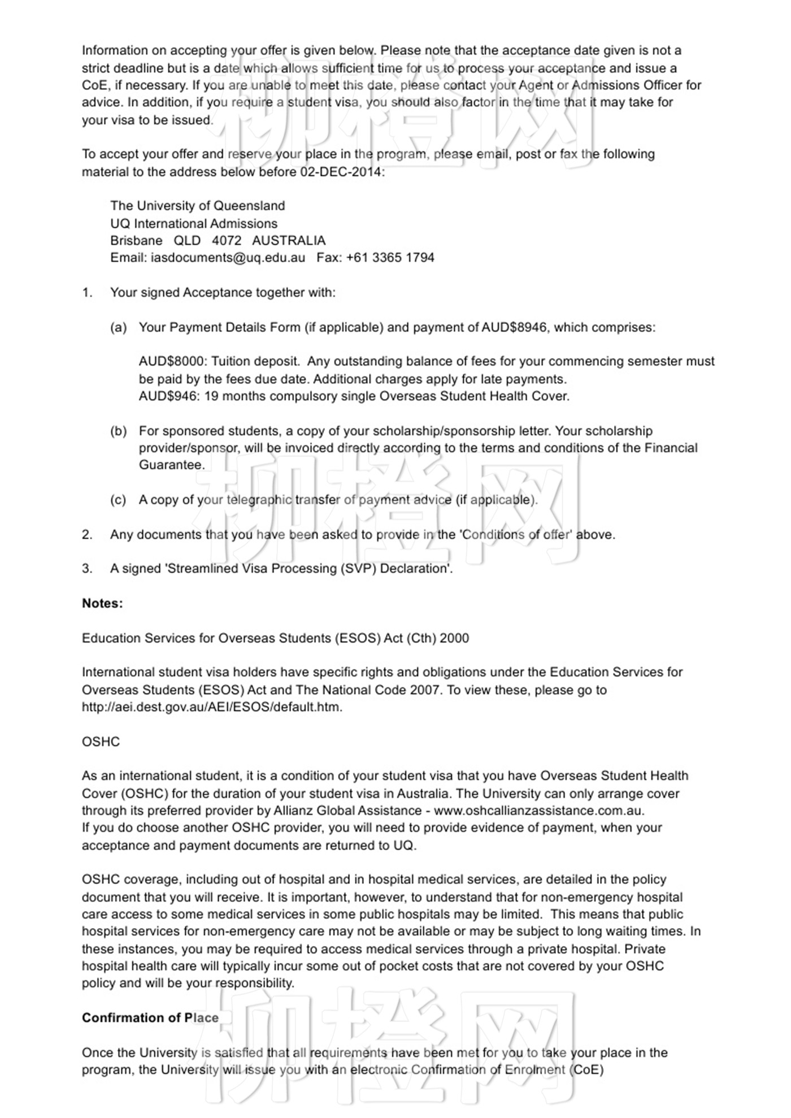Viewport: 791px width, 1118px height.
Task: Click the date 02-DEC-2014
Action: [x=341, y=172]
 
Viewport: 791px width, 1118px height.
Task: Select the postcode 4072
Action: [x=227, y=241]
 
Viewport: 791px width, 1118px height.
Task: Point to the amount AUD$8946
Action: [x=514, y=327]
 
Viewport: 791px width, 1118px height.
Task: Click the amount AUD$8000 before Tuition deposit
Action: [x=172, y=362]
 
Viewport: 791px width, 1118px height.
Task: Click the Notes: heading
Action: [x=102, y=604]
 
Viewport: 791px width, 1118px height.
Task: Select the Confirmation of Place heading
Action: [x=150, y=1018]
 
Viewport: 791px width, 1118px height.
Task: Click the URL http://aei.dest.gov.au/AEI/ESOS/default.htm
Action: [x=212, y=707]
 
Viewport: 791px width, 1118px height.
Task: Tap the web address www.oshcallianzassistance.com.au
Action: [x=538, y=811]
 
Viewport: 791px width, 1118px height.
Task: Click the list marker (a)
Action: [x=118, y=328]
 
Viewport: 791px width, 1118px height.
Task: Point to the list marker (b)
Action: [x=118, y=431]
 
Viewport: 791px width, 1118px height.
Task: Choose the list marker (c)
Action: [x=118, y=500]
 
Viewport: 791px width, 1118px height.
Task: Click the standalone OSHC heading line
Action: [x=101, y=742]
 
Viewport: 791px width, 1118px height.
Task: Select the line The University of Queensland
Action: [x=197, y=206]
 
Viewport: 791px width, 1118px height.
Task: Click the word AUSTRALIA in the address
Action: [x=289, y=241]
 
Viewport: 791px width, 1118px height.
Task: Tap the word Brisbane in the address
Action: [x=136, y=241]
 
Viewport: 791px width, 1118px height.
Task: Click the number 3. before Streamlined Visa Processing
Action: [x=87, y=569]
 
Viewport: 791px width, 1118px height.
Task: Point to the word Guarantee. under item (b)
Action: [x=172, y=465]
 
